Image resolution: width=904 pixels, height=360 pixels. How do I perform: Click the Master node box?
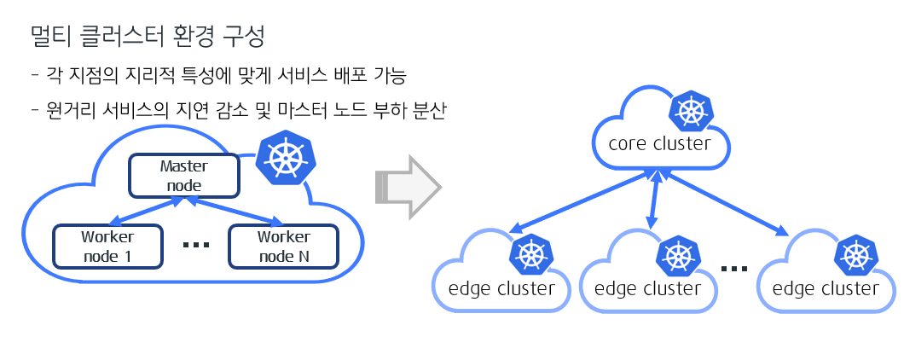coord(183,174)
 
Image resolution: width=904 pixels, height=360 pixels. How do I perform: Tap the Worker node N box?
coord(283,246)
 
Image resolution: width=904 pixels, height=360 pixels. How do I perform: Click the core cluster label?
coord(659,143)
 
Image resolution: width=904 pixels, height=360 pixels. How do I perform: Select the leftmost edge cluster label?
coord(501,288)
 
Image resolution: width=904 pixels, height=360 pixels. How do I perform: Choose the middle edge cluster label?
coord(648,288)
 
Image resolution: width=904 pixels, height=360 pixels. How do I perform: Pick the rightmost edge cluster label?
coord(826,288)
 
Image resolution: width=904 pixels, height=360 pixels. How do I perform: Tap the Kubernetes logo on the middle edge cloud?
coord(678,255)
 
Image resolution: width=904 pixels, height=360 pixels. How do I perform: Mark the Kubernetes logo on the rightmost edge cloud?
coord(855,255)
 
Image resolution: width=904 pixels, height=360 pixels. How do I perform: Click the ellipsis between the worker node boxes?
coord(196,246)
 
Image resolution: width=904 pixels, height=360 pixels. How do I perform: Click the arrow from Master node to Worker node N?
coord(234,211)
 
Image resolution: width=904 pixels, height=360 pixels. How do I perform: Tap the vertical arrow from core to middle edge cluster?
coord(654,201)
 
